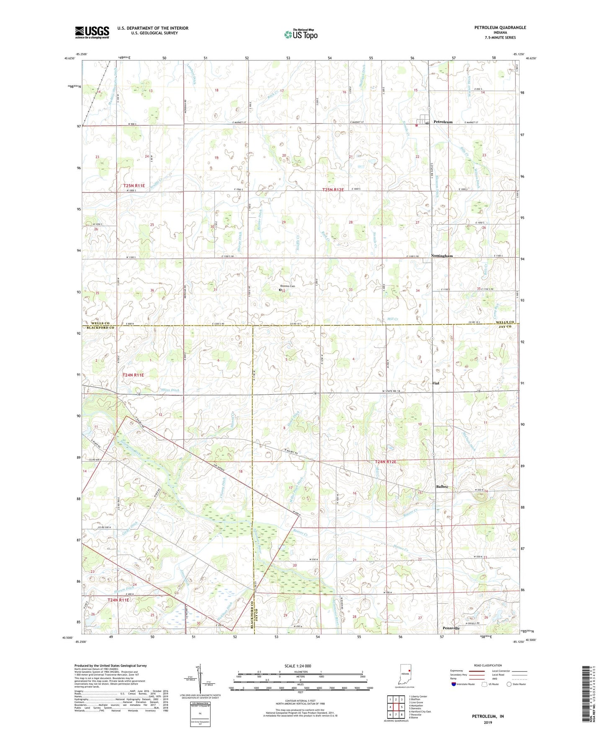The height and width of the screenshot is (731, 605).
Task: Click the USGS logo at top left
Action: coord(92,32)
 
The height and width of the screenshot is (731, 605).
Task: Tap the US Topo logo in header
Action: coord(300,34)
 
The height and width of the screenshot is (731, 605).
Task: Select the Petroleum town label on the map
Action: coord(443,122)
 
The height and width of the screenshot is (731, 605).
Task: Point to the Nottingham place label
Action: coord(442,256)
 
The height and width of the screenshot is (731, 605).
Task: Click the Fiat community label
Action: coord(436,383)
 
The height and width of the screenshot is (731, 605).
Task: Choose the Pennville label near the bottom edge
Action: coord(451,628)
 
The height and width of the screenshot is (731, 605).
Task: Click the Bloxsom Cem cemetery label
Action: coord(288,286)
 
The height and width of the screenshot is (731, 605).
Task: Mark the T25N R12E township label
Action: coord(332,190)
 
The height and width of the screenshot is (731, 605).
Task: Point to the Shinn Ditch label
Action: coord(170,390)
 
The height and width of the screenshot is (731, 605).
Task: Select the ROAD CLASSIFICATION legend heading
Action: coord(488,666)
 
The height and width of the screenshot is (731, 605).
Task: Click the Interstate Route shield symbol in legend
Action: coord(454,685)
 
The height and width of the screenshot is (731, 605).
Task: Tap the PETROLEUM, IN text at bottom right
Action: coord(488,716)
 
